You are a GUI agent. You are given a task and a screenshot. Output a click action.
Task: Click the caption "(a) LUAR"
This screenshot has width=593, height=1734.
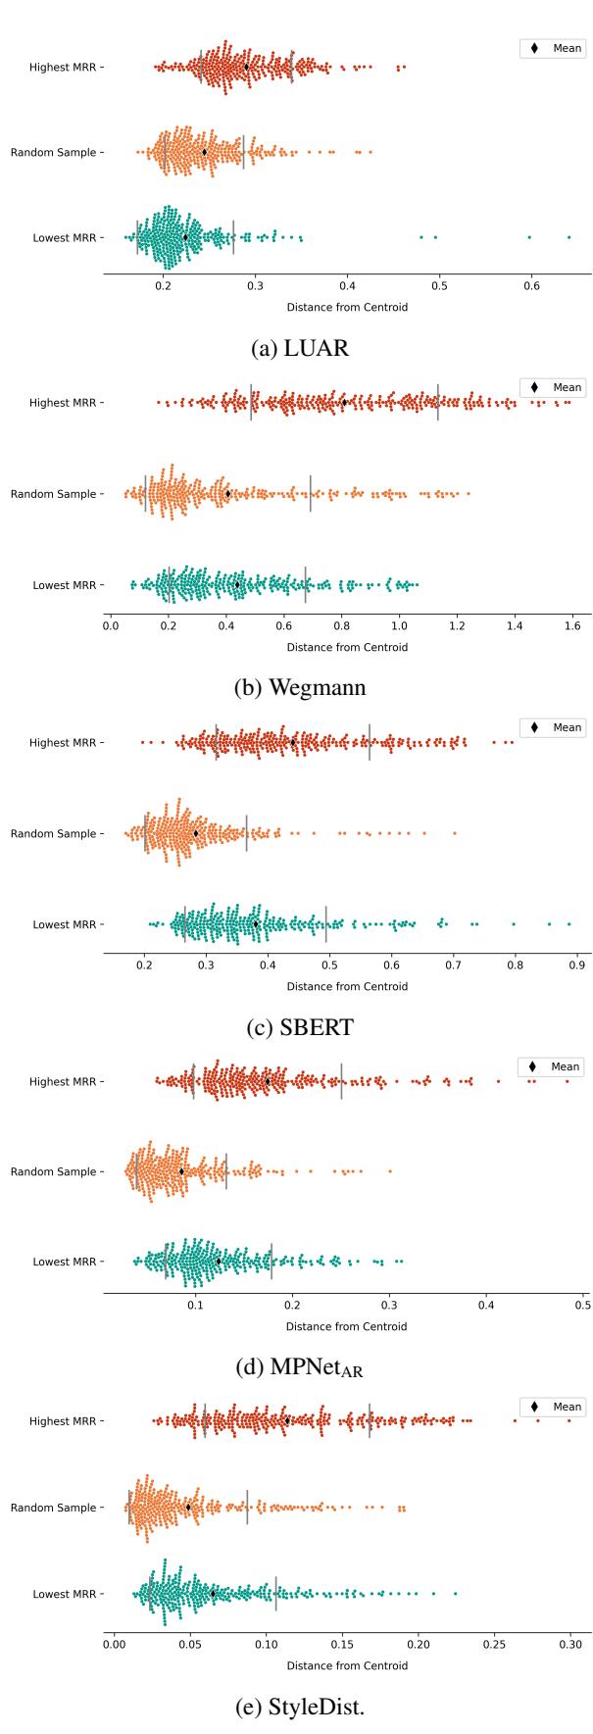click(x=301, y=348)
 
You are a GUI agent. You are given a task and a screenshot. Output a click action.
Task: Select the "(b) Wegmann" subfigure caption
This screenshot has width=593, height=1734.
click(x=301, y=687)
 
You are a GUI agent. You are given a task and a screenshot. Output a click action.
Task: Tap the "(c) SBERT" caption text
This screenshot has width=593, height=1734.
click(x=301, y=1027)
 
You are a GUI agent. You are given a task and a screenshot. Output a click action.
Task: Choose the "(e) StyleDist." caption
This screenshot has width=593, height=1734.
click(x=301, y=1707)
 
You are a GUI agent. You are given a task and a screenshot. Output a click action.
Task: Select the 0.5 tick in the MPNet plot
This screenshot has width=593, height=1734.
click(x=582, y=1304)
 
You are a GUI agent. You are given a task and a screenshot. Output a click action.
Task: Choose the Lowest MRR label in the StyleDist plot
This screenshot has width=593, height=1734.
click(x=64, y=1594)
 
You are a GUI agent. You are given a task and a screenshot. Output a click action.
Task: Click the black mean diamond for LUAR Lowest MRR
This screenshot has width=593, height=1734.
click(x=185, y=237)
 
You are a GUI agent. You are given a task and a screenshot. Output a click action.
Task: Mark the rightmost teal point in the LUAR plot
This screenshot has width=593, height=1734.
click(x=568, y=237)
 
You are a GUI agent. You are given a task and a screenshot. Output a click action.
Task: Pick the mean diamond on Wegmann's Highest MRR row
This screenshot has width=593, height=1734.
click(x=344, y=402)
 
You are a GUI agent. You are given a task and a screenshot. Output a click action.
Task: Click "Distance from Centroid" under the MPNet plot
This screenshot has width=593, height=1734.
click(x=347, y=1327)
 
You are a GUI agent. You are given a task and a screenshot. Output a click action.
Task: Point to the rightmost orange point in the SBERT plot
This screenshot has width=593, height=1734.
click(x=455, y=833)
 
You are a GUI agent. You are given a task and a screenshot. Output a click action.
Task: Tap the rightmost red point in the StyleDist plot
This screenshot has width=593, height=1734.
click(x=568, y=1420)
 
